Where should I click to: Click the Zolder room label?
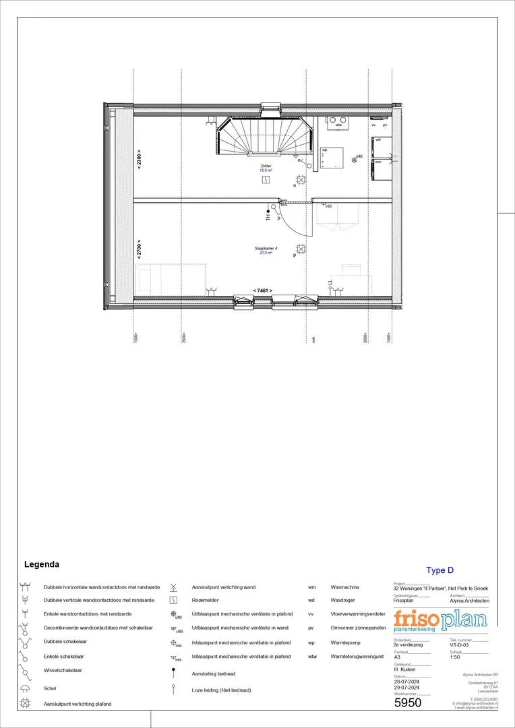click(267, 166)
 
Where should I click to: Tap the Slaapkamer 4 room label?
click(266, 249)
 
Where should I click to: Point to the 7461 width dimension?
click(262, 290)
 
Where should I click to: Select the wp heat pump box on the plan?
click(332, 157)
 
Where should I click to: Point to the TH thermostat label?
click(268, 217)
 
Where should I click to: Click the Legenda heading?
click(42, 564)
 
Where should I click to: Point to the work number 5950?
click(407, 703)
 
